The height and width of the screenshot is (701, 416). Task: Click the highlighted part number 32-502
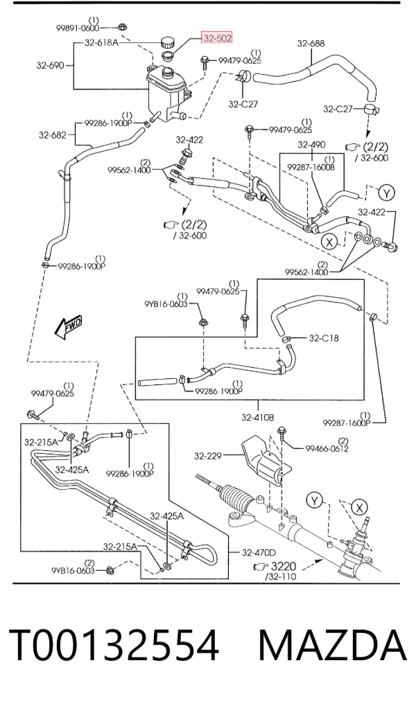click(x=218, y=39)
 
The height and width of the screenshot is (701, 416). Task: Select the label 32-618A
click(x=101, y=43)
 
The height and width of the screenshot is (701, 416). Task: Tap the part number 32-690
click(x=50, y=65)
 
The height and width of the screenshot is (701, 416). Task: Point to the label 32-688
click(x=311, y=44)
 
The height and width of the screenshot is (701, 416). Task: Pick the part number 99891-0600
click(x=78, y=28)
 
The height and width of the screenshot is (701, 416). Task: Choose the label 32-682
click(x=52, y=135)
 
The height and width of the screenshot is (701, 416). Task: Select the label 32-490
click(x=312, y=144)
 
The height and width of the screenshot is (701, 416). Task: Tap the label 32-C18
click(x=324, y=338)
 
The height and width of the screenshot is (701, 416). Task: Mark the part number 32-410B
click(x=258, y=418)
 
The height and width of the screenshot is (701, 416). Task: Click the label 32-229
click(x=208, y=456)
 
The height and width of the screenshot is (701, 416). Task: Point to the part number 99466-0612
click(x=327, y=448)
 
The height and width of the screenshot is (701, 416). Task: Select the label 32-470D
click(x=259, y=553)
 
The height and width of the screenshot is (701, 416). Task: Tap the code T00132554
click(x=114, y=645)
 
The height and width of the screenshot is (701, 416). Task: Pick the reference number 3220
click(x=283, y=567)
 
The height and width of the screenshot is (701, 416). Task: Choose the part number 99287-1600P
click(x=347, y=423)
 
